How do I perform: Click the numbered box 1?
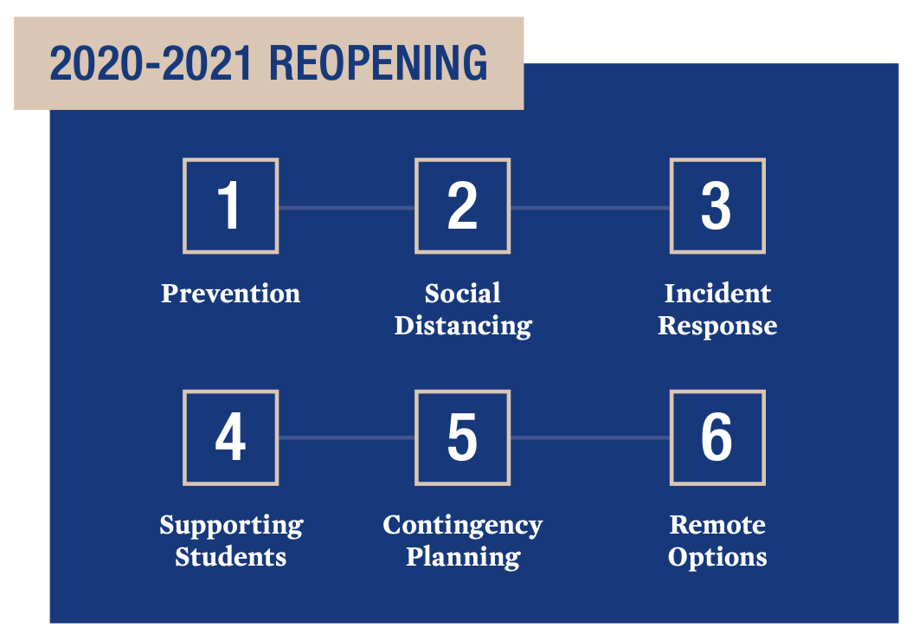(x=230, y=206)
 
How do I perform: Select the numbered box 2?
(x=462, y=206)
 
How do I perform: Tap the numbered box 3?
(x=717, y=206)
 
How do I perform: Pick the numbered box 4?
(x=230, y=437)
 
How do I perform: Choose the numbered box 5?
(x=462, y=437)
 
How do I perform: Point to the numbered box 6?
(x=717, y=437)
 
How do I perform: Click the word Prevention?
(x=230, y=294)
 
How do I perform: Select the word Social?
(x=462, y=294)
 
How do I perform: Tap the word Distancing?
(x=463, y=327)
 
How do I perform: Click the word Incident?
(x=717, y=294)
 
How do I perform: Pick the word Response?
(x=717, y=327)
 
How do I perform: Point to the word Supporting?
(x=232, y=526)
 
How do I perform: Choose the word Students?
(x=230, y=557)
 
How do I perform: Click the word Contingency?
(x=462, y=526)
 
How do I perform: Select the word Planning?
(x=463, y=558)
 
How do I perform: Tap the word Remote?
(x=717, y=525)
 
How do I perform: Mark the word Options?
(x=717, y=558)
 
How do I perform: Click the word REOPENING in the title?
(x=378, y=62)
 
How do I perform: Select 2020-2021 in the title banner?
(x=151, y=62)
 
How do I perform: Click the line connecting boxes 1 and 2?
(x=346, y=208)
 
